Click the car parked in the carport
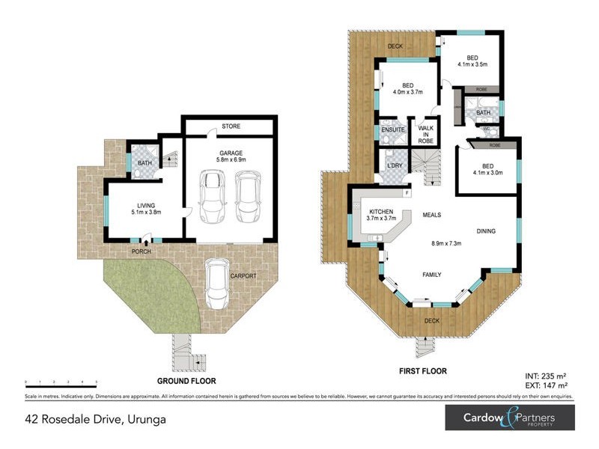pos(218,284)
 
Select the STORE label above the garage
pos(230,126)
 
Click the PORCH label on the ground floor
pos(142,251)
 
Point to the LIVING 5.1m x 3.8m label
pos(145,209)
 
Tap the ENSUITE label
pos(393,130)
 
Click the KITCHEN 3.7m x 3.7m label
pos(381,216)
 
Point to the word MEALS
pos(430,216)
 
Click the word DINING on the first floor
pos(487,231)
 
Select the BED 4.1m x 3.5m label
pos(472,61)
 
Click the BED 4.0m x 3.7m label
pos(408,89)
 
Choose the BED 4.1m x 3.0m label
pos(487,171)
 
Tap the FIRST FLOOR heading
pos(423,371)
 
